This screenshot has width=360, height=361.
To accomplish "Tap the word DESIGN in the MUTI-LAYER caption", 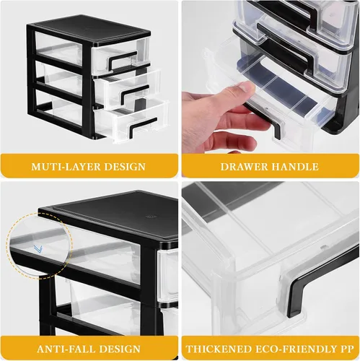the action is tap(125, 167).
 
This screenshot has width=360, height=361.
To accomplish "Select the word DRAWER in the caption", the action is tap(243, 167).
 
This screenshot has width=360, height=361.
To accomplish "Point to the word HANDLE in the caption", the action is tap(294, 167).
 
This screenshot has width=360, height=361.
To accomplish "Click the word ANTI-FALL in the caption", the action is tap(66, 349).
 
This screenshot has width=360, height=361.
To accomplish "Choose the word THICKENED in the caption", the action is tap(217, 349).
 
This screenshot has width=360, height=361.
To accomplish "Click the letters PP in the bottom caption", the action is tap(346, 349).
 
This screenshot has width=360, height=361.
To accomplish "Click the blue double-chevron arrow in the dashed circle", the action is tap(38, 249).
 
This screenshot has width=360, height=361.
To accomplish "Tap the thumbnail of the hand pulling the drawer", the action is tap(270, 77).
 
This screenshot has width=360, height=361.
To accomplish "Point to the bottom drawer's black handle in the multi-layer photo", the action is tap(142, 127).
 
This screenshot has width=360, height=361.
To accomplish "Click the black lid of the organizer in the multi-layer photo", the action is tap(89, 30).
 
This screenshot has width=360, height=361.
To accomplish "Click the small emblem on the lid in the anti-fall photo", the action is tap(151, 217).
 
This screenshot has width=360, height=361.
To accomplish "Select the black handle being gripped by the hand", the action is tap(265, 121).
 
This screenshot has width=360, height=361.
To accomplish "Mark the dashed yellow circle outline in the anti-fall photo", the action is tap(72, 245).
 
